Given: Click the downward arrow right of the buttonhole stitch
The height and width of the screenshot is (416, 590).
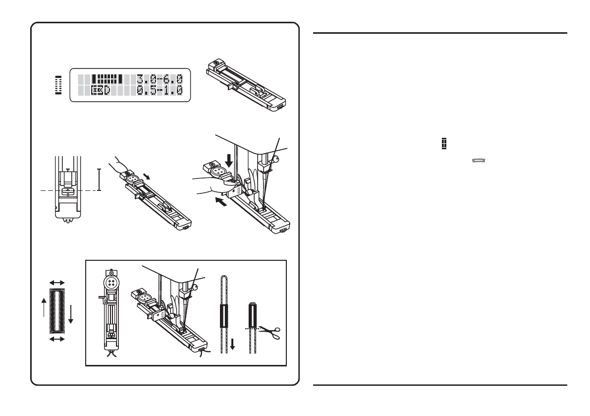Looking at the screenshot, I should tap(71, 313).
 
